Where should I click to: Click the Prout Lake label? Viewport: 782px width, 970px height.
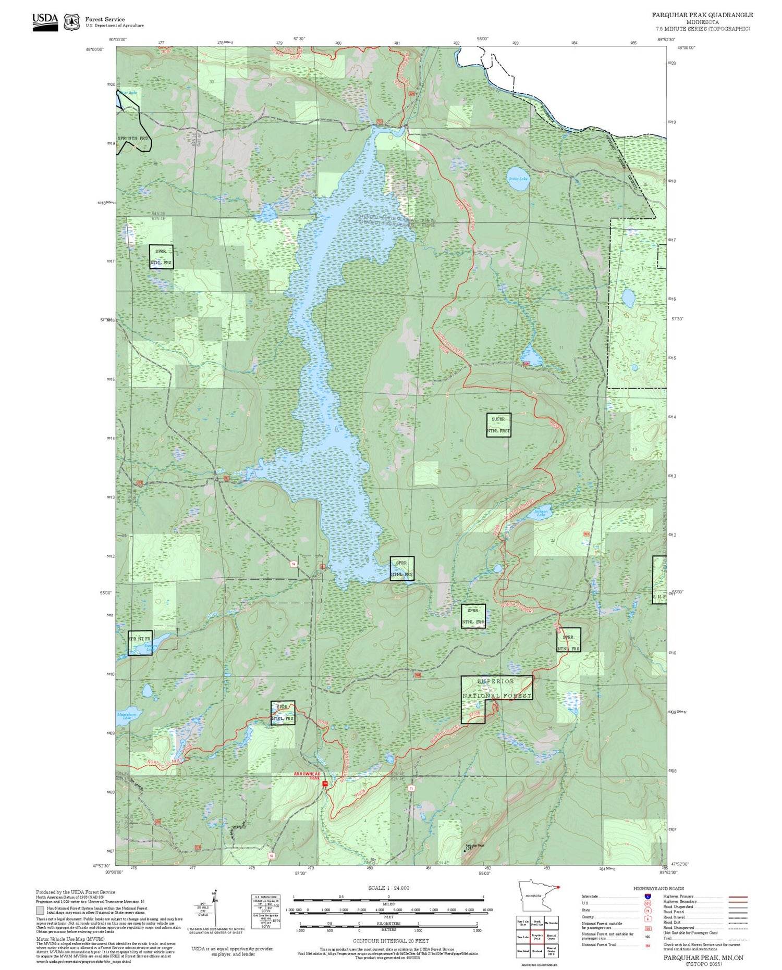[518, 179]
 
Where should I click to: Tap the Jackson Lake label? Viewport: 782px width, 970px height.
[542, 514]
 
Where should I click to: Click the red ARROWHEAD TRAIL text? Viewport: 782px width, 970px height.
[307, 776]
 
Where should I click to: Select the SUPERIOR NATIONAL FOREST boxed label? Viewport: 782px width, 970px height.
[497, 688]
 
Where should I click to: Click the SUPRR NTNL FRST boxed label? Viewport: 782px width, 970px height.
[498, 425]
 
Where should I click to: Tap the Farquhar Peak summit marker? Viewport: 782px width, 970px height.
[465, 849]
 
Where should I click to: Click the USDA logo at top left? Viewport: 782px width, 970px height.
[45, 21]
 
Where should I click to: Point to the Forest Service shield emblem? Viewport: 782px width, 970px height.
[71, 22]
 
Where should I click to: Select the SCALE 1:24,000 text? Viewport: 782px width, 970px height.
[388, 888]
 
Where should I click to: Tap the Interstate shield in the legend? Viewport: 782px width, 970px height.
[647, 896]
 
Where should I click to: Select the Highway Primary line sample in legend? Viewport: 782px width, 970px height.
[736, 897]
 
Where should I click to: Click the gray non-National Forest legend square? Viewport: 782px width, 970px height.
[40, 911]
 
